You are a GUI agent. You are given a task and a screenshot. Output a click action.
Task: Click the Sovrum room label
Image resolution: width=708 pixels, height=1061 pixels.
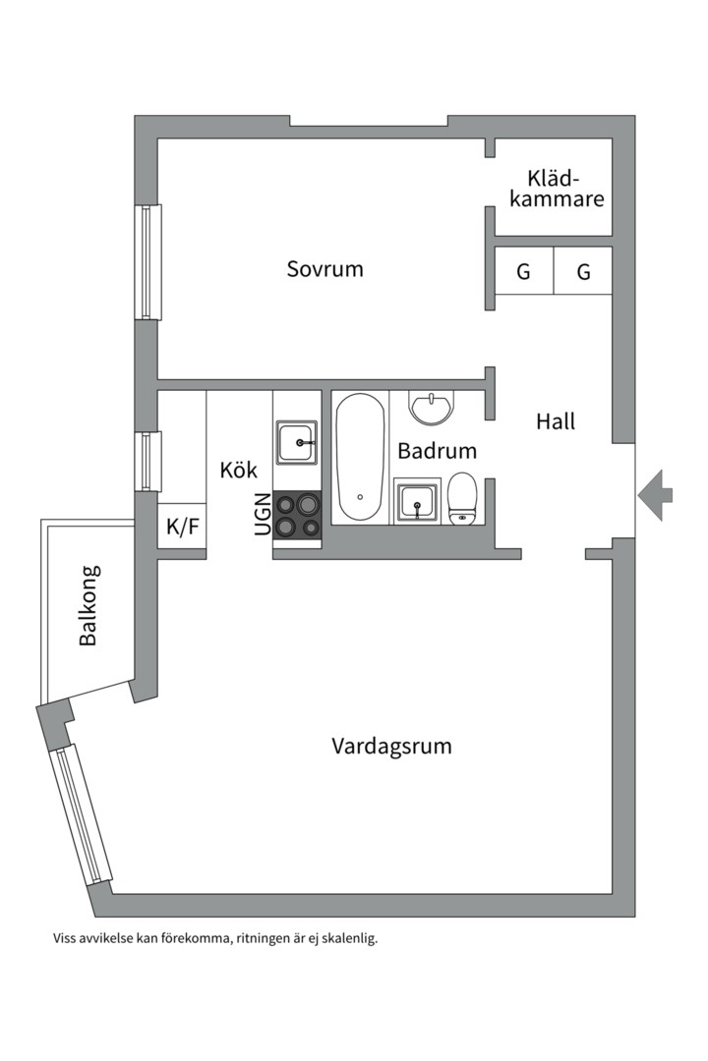click(324, 268)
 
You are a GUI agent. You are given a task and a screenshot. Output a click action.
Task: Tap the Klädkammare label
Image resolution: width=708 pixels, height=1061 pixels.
click(564, 189)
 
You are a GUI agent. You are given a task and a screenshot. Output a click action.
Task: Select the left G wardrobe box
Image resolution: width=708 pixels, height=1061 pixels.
click(523, 272)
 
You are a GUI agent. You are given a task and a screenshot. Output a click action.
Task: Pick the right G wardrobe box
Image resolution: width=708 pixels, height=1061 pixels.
click(583, 272)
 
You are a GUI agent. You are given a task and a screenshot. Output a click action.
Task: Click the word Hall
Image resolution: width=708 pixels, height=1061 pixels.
click(556, 421)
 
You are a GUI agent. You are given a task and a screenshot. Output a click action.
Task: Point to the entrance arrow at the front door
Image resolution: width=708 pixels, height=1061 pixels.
click(656, 494)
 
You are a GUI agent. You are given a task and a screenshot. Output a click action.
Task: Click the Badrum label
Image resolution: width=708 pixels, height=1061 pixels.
click(437, 451)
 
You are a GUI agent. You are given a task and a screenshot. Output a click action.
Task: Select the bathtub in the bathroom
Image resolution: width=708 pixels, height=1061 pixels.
click(360, 457)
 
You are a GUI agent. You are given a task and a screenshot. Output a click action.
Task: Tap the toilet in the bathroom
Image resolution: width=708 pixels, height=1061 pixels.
click(462, 498)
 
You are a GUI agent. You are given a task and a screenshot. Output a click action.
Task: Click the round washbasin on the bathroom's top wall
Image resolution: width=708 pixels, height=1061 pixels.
click(431, 407)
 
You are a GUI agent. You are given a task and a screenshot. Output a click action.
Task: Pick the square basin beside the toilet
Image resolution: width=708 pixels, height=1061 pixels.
click(418, 502)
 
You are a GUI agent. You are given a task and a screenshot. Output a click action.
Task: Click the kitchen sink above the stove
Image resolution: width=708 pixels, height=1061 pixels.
click(296, 443)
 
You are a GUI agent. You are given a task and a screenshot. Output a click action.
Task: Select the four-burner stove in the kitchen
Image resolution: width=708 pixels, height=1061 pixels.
click(297, 516)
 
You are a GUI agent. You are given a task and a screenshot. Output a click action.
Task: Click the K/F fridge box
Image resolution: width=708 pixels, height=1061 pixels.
click(182, 527)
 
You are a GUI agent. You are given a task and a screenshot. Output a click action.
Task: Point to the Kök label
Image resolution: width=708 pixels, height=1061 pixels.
click(238, 471)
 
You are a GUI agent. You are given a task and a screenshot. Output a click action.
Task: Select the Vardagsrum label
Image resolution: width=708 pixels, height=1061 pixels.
click(391, 746)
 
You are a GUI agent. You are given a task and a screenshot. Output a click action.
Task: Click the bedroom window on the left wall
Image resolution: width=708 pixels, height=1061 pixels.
click(148, 261)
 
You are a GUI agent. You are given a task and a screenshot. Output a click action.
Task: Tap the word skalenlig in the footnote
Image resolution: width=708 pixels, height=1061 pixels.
click(345, 938)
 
